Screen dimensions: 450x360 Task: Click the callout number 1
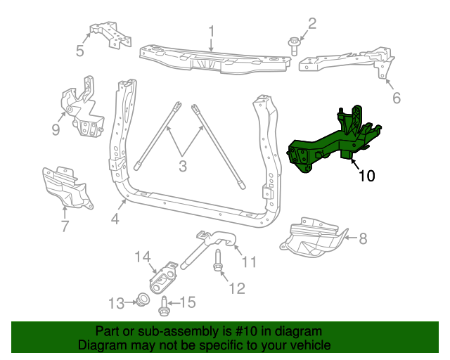pos(211,31)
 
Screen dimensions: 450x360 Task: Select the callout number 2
pos(312,22)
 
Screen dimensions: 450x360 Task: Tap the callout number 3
pos(183,167)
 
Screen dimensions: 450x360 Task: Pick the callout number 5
pos(79,51)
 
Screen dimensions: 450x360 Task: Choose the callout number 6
pos(397,98)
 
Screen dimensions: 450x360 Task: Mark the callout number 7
pos(65,226)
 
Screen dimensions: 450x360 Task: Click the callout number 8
pos(363,238)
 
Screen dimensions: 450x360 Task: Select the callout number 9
pos(56,129)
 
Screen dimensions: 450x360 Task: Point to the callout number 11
pos(250,262)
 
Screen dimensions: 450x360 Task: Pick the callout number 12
pos(237,288)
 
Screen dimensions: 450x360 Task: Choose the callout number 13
pos(115,303)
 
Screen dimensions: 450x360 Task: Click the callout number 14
pos(143,258)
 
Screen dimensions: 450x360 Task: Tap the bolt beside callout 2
pos(294,46)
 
